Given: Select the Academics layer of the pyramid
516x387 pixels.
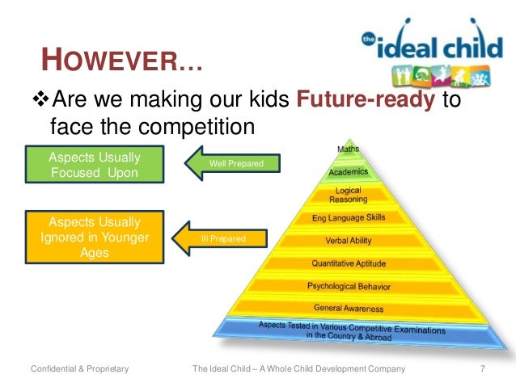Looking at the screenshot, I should click(349, 172).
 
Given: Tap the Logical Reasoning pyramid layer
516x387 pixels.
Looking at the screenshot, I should click(349, 195).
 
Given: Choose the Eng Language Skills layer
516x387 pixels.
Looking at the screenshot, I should click(349, 218).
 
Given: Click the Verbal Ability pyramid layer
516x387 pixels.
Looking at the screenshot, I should click(349, 241).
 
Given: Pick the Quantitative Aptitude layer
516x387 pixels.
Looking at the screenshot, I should click(349, 263).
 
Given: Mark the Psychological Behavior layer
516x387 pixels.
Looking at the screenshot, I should click(349, 286).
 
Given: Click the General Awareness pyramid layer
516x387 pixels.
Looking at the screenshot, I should click(349, 309).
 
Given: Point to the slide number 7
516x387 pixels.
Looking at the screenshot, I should click(482, 370).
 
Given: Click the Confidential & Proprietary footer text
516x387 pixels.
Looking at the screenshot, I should click(79, 370).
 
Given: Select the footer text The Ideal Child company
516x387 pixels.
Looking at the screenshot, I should click(298, 370).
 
